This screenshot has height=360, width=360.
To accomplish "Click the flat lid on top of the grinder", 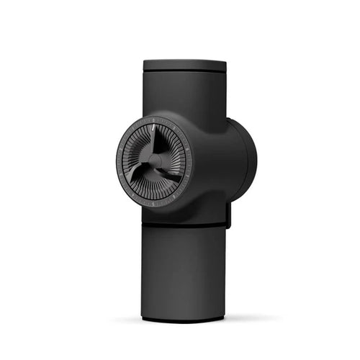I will pos(184,65).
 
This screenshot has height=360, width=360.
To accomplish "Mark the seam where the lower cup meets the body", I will pos(184,224).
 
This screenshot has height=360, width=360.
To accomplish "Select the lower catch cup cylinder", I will pos(184,270).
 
